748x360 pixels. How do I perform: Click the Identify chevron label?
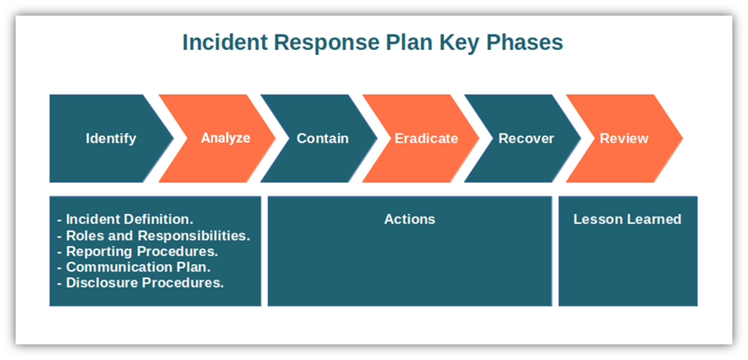(111, 138)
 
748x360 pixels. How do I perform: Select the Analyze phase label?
(226, 137)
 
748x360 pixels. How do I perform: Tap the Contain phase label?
(322, 138)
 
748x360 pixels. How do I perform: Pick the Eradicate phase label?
(426, 138)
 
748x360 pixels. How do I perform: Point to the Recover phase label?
(526, 138)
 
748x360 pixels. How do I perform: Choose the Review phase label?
(624, 138)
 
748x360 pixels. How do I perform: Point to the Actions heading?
(410, 219)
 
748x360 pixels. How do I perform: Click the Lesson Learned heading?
(627, 219)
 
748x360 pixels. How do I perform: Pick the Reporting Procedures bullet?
(137, 251)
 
